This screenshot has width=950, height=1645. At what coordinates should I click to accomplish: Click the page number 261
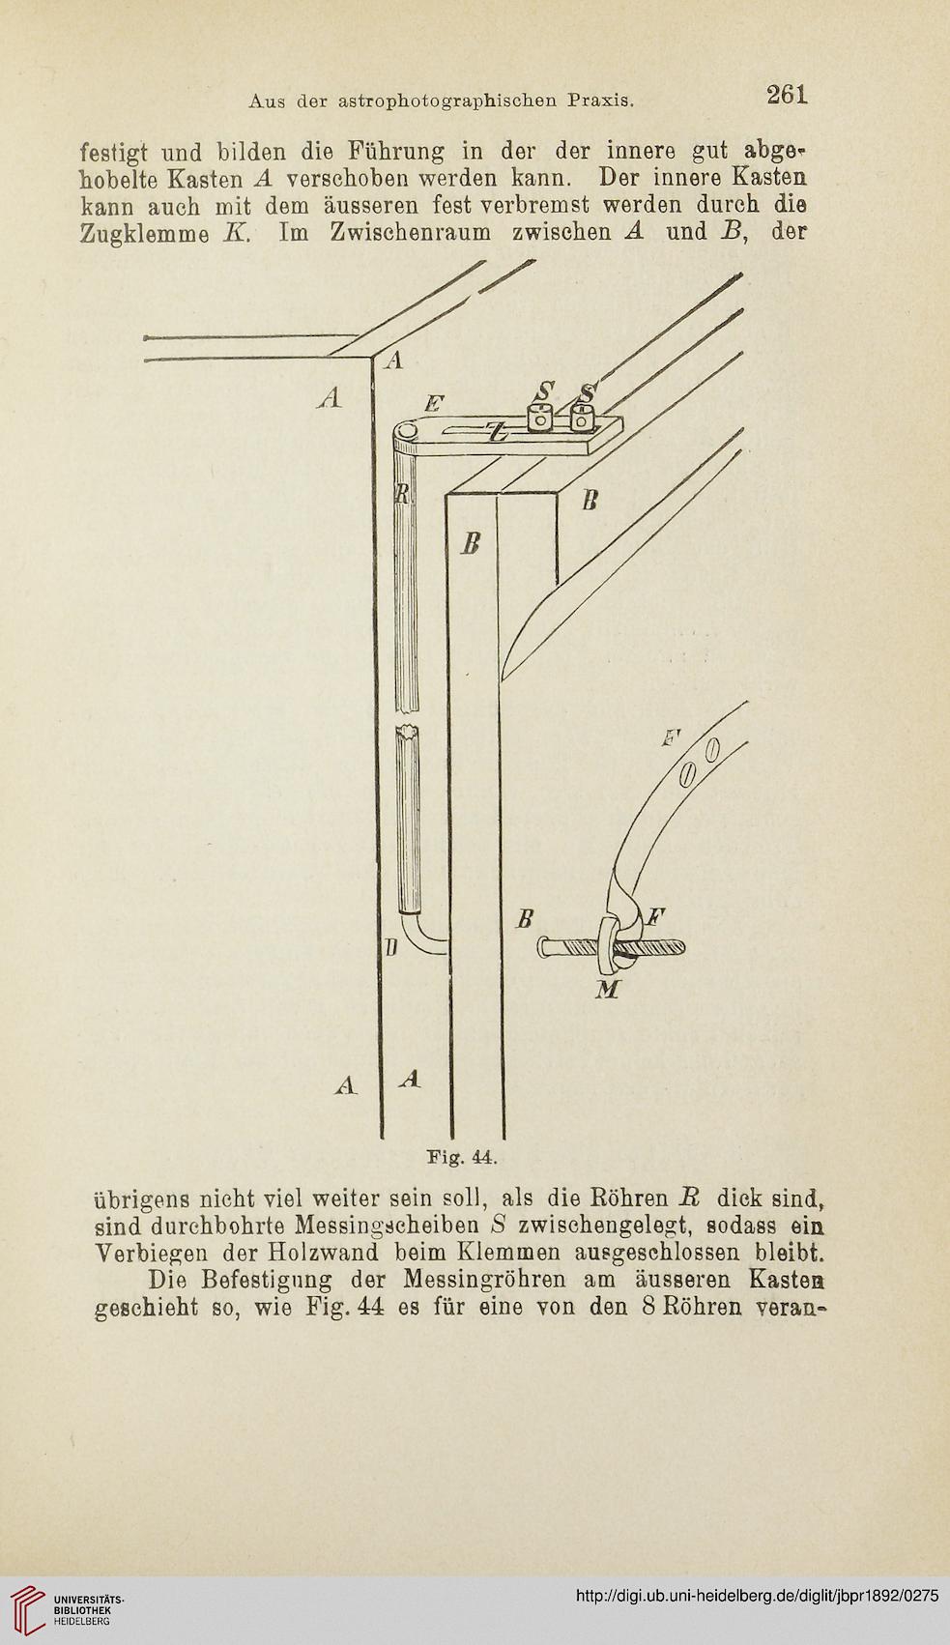(x=787, y=95)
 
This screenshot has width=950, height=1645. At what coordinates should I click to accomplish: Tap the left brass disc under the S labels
(x=540, y=418)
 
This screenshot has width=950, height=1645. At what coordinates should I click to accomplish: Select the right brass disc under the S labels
(x=582, y=418)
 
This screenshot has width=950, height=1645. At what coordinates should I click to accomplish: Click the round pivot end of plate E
(x=406, y=434)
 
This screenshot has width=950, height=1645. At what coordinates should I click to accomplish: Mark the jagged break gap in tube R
(x=408, y=721)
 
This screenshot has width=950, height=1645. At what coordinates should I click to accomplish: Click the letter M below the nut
(x=609, y=990)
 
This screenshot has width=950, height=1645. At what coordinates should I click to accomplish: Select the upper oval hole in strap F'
(x=711, y=752)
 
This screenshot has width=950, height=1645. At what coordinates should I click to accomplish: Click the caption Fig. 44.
(x=463, y=1158)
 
